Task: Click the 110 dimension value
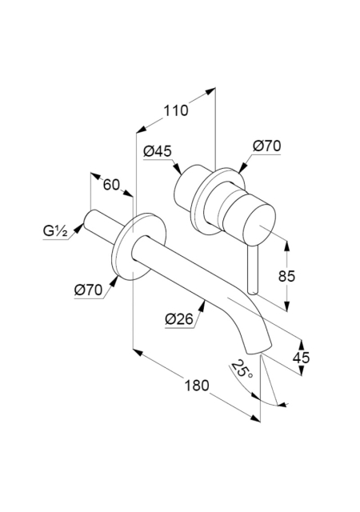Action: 176,110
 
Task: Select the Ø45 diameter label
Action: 158,151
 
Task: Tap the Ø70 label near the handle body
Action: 266,146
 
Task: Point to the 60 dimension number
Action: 111,185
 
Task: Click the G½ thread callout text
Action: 55,231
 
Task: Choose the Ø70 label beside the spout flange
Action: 88,290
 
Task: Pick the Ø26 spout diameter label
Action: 179,318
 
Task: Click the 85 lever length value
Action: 286,276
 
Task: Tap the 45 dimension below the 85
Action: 301,358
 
